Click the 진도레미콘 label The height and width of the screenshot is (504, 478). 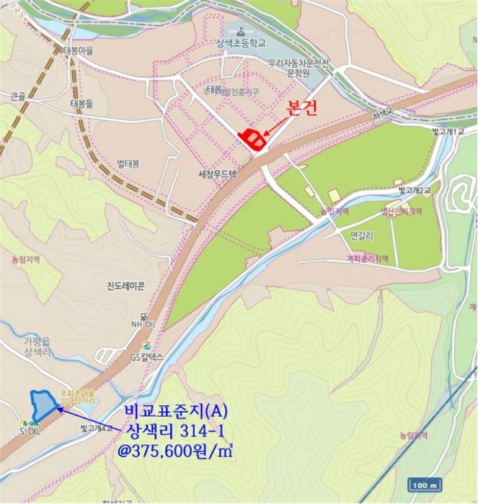[x=121, y=286]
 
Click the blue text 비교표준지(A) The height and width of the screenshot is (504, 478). [x=176, y=411]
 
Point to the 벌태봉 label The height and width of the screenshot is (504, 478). [x=128, y=163]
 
